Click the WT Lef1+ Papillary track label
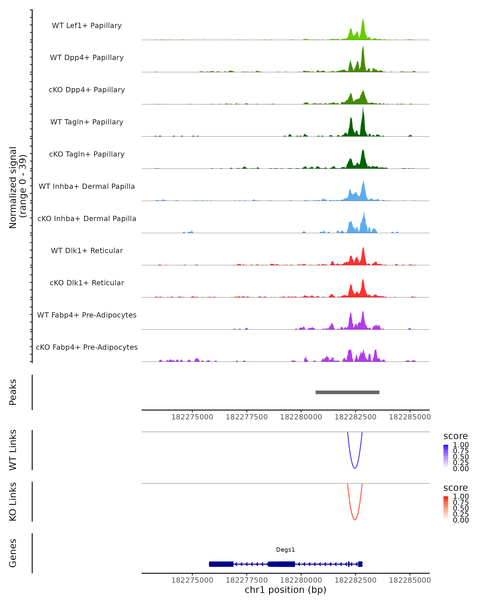click(87, 26)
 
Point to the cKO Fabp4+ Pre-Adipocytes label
click(87, 347)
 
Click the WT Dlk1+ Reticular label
click(87, 250)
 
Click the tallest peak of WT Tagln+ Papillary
click(363, 108)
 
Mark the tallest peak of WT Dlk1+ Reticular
click(363, 248)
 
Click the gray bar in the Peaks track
click(347, 392)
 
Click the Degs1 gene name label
click(285, 550)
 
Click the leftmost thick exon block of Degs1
click(221, 564)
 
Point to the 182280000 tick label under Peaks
click(301, 417)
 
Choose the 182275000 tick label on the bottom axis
click(192, 580)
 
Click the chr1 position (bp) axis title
click(285, 590)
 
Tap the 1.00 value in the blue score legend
click(461, 445)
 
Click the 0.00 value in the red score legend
click(461, 520)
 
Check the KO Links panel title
click(13, 502)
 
